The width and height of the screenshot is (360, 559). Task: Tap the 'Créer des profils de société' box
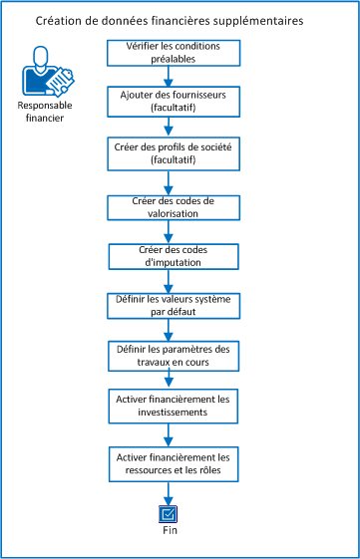168,152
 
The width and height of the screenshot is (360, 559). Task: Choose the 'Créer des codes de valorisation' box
168,206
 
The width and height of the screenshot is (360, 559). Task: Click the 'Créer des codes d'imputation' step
168,255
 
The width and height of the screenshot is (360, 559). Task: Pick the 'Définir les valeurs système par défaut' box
168,305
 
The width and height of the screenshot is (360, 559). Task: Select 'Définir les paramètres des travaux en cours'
168,355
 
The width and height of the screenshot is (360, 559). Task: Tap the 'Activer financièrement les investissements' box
168,404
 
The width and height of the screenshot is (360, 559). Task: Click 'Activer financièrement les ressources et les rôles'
168,463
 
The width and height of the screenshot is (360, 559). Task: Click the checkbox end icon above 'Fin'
168,513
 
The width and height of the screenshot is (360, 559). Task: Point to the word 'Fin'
168,531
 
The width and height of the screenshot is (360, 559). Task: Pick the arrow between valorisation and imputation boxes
168,231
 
